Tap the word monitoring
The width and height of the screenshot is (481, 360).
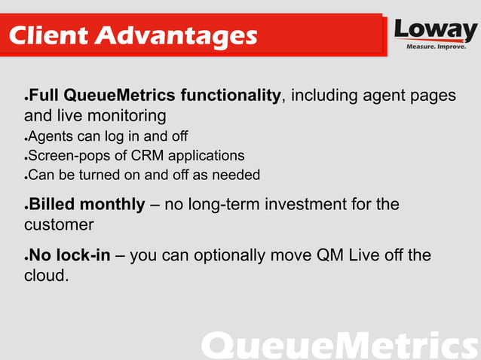tap(124, 116)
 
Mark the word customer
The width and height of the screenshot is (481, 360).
tap(59, 224)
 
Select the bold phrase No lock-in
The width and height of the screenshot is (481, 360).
tap(69, 255)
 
